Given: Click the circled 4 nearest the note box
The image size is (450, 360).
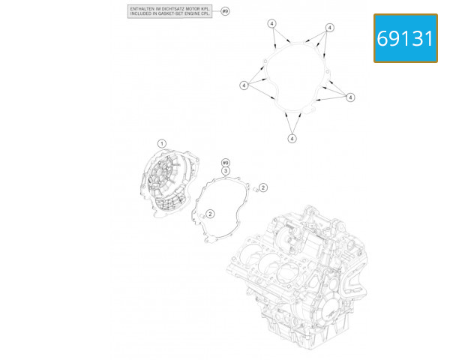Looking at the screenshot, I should click(x=272, y=24).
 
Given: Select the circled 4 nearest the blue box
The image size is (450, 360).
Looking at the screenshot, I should click(x=329, y=28).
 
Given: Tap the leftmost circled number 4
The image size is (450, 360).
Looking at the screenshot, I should click(x=244, y=85).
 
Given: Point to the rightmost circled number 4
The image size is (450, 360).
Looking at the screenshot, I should click(x=349, y=97).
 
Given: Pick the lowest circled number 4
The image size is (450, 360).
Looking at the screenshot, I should click(x=292, y=138).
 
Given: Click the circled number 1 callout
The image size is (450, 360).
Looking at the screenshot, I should click(x=161, y=142).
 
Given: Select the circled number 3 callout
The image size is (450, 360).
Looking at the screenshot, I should click(x=225, y=172).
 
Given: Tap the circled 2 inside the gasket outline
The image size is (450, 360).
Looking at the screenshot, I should click(x=211, y=214).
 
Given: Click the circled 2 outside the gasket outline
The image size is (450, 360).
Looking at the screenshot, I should click(x=263, y=187).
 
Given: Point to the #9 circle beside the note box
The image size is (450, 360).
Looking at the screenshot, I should click(x=225, y=12).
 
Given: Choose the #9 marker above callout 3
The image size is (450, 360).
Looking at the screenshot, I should click(x=225, y=163).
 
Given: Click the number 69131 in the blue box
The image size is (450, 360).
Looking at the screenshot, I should click(x=405, y=38).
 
